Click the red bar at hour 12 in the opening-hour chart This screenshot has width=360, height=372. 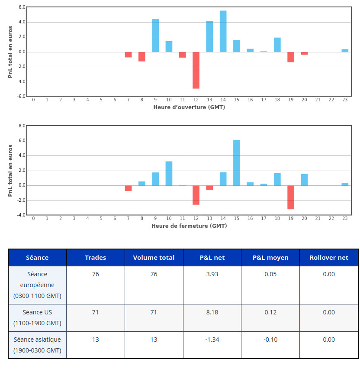(x=196, y=70)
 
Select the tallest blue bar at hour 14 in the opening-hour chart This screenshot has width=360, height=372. (x=223, y=32)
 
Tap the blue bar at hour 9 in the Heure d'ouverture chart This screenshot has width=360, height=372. (x=155, y=36)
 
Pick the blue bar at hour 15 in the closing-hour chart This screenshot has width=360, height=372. (x=237, y=163)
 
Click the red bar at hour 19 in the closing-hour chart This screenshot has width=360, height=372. (x=291, y=197)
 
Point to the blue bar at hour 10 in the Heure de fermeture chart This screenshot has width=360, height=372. (x=169, y=174)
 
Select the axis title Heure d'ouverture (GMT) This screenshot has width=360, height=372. (x=189, y=107)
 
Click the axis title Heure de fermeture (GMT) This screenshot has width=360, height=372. (x=189, y=226)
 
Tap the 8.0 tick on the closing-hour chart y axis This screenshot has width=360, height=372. (x=20, y=126)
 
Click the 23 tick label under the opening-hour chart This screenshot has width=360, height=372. (x=345, y=100)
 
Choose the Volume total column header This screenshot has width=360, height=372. (x=154, y=258)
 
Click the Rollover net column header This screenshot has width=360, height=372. (x=329, y=258)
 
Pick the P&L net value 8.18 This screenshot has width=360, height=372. (x=212, y=312)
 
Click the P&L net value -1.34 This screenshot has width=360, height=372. (x=212, y=340)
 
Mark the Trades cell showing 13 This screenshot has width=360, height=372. (x=96, y=340)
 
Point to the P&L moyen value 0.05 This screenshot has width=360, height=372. (x=270, y=274)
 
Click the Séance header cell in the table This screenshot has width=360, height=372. (x=37, y=258)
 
